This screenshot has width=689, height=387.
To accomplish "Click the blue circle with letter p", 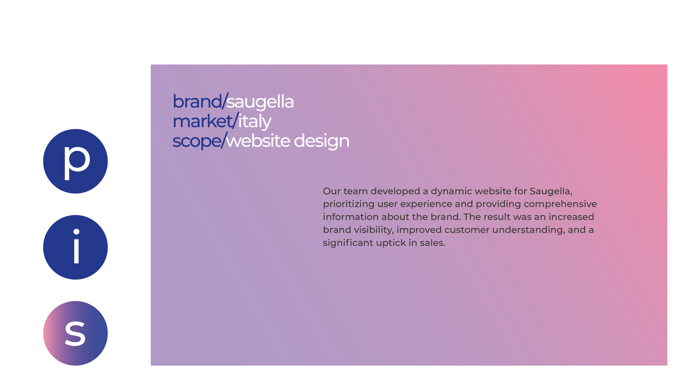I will click(x=75, y=161).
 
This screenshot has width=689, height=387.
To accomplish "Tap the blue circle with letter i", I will click(x=75, y=247).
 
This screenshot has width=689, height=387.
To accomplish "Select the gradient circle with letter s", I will click(x=75, y=333).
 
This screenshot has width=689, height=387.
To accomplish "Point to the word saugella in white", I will click(x=260, y=102).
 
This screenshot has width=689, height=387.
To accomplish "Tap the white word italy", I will click(x=255, y=122).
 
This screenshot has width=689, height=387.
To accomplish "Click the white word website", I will click(x=258, y=141).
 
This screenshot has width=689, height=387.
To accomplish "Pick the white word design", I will click(x=322, y=141).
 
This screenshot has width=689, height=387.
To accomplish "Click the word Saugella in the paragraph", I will click(x=551, y=191).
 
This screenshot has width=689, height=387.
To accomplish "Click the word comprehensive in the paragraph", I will click(x=560, y=204).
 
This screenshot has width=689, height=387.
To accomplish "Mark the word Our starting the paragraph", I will click(x=332, y=191).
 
